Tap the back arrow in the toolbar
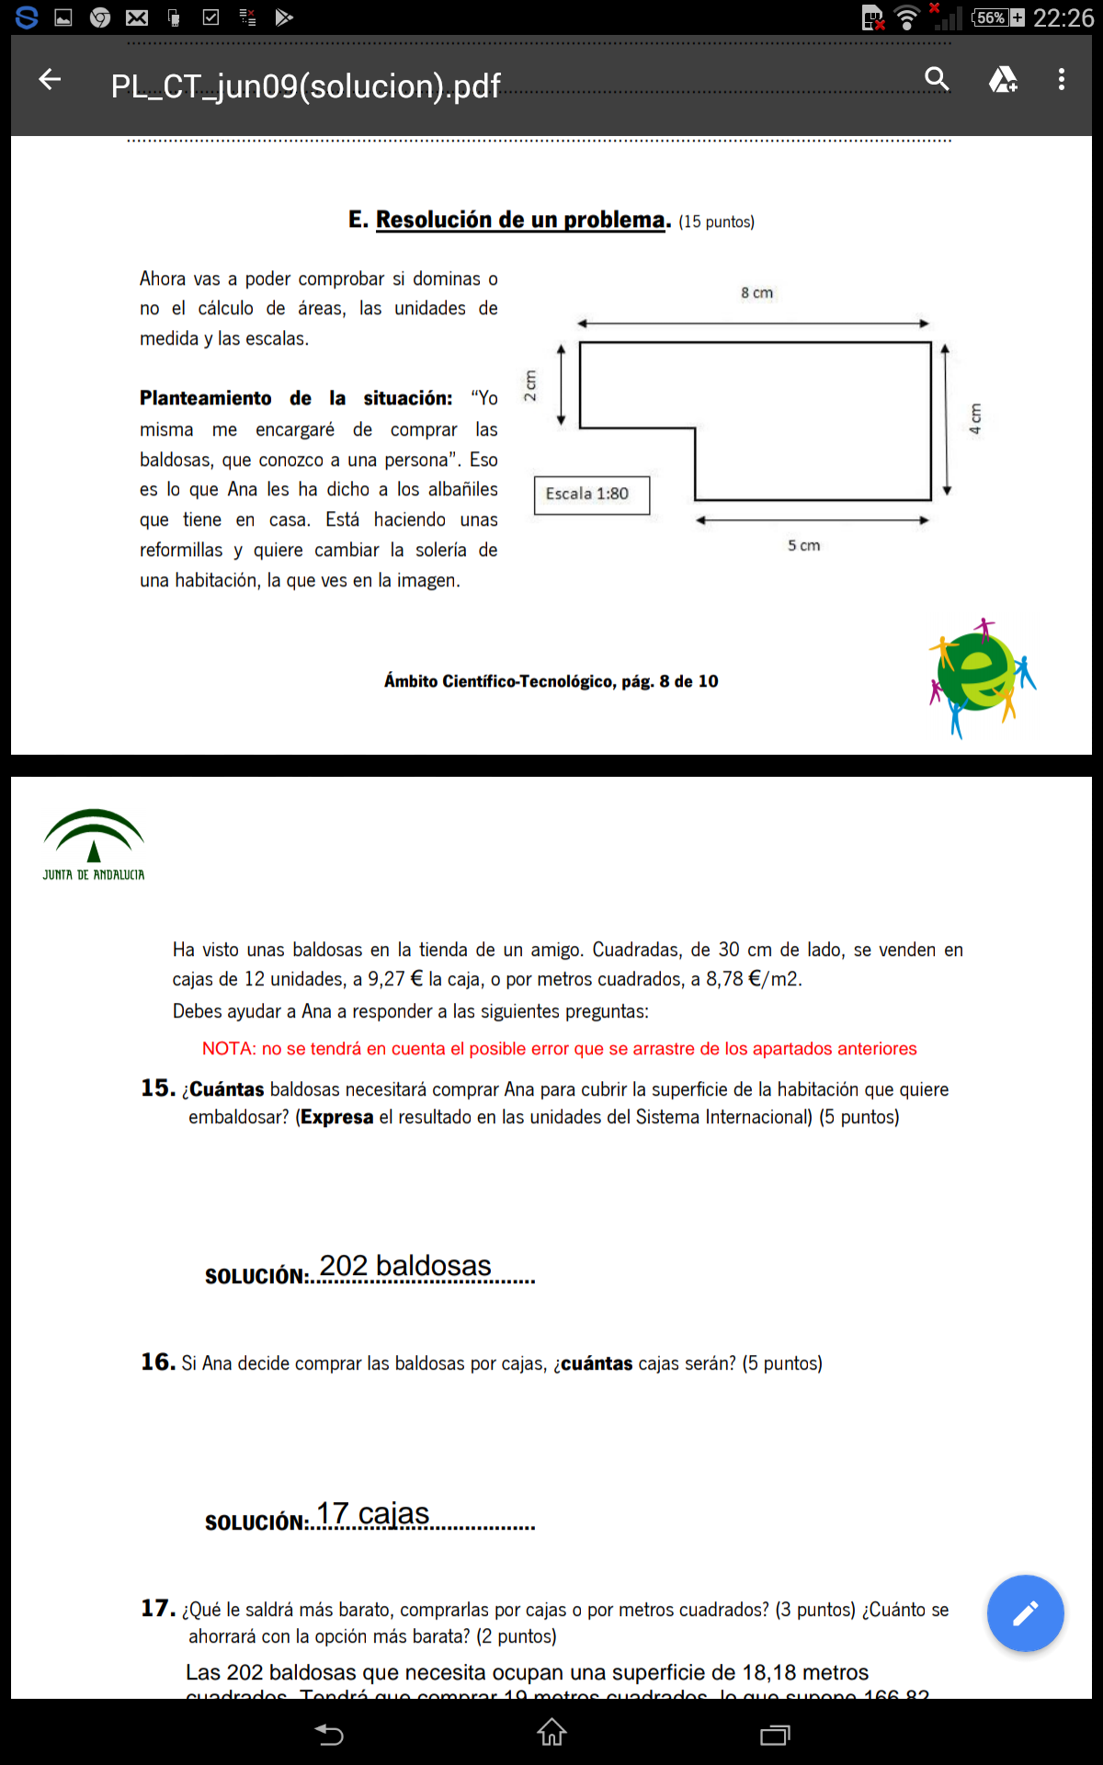click(50, 80)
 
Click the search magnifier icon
click(937, 80)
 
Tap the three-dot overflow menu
click(1062, 80)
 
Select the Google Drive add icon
click(1002, 80)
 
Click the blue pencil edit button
click(1025, 1613)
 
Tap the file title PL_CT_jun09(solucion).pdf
click(305, 86)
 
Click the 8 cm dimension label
click(756, 293)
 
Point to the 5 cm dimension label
click(803, 545)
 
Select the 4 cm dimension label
click(975, 418)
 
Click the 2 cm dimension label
click(530, 385)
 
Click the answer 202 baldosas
click(405, 1266)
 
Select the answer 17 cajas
click(373, 1513)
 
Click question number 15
click(158, 1088)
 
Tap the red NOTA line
click(559, 1049)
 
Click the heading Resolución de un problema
click(521, 220)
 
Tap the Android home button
click(551, 1733)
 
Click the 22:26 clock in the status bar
click(1063, 17)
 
